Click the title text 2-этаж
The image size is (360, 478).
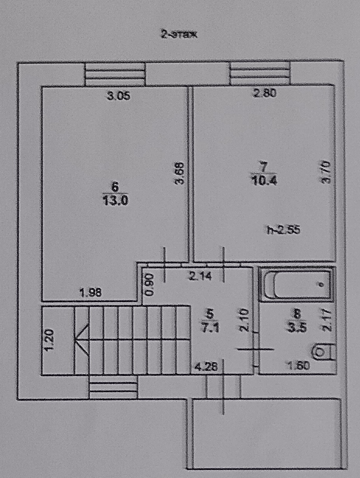(180, 35)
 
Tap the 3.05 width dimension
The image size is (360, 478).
(118, 96)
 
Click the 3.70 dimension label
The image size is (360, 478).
(326, 172)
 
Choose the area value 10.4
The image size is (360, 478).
(264, 181)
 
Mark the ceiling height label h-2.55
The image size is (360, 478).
(284, 230)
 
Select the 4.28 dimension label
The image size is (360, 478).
(205, 366)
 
